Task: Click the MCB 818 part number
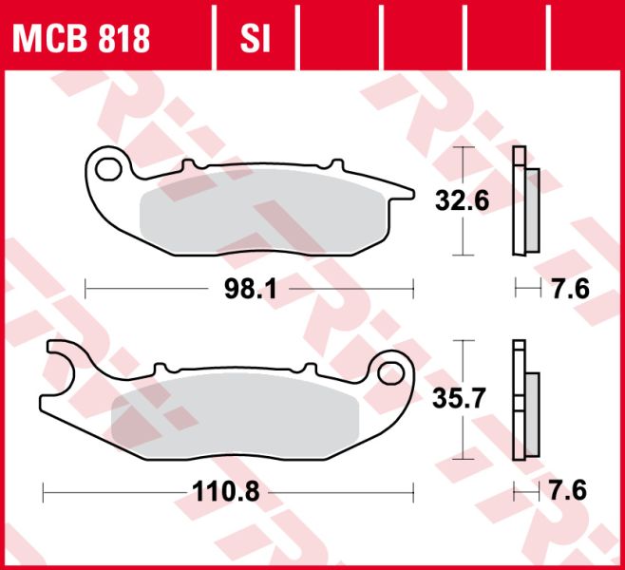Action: (x=81, y=37)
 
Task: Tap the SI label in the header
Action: (x=255, y=37)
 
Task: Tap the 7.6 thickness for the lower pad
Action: (x=568, y=492)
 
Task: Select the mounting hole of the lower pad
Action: (x=390, y=372)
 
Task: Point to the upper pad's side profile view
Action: (x=524, y=201)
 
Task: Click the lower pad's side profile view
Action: (x=524, y=399)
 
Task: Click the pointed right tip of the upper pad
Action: (x=410, y=193)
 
